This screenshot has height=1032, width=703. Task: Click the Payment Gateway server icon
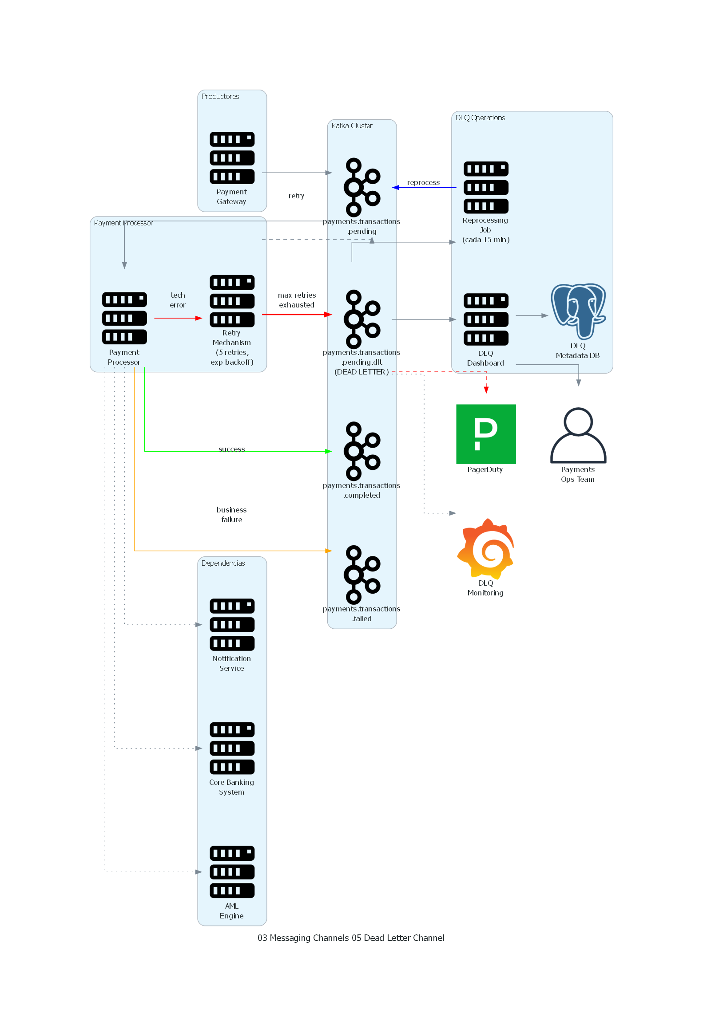tap(232, 158)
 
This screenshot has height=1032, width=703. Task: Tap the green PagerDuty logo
tap(486, 434)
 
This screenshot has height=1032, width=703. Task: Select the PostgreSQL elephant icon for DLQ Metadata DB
tap(578, 311)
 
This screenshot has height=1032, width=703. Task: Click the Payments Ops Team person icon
tap(578, 435)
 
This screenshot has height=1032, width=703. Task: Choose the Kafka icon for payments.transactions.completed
tap(362, 451)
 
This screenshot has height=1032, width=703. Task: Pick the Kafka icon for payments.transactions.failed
tap(362, 575)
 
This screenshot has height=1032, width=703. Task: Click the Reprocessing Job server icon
tap(486, 187)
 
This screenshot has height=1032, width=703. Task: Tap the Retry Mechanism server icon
tap(232, 301)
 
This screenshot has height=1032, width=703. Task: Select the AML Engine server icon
tap(232, 872)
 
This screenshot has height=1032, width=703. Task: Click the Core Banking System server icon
tap(232, 748)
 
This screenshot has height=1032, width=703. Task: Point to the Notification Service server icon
tap(232, 624)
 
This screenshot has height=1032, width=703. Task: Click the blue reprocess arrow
tap(425, 188)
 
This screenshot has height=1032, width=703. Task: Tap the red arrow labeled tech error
tap(178, 318)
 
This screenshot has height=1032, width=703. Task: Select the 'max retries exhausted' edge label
tap(296, 300)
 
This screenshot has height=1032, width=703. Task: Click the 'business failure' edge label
tap(231, 514)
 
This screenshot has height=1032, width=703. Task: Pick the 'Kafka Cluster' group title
tap(352, 126)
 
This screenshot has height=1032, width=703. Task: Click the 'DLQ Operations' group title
tap(480, 118)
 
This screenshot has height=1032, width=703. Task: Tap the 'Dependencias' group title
tap(223, 563)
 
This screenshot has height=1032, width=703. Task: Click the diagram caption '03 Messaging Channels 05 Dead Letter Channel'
tap(350, 937)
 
